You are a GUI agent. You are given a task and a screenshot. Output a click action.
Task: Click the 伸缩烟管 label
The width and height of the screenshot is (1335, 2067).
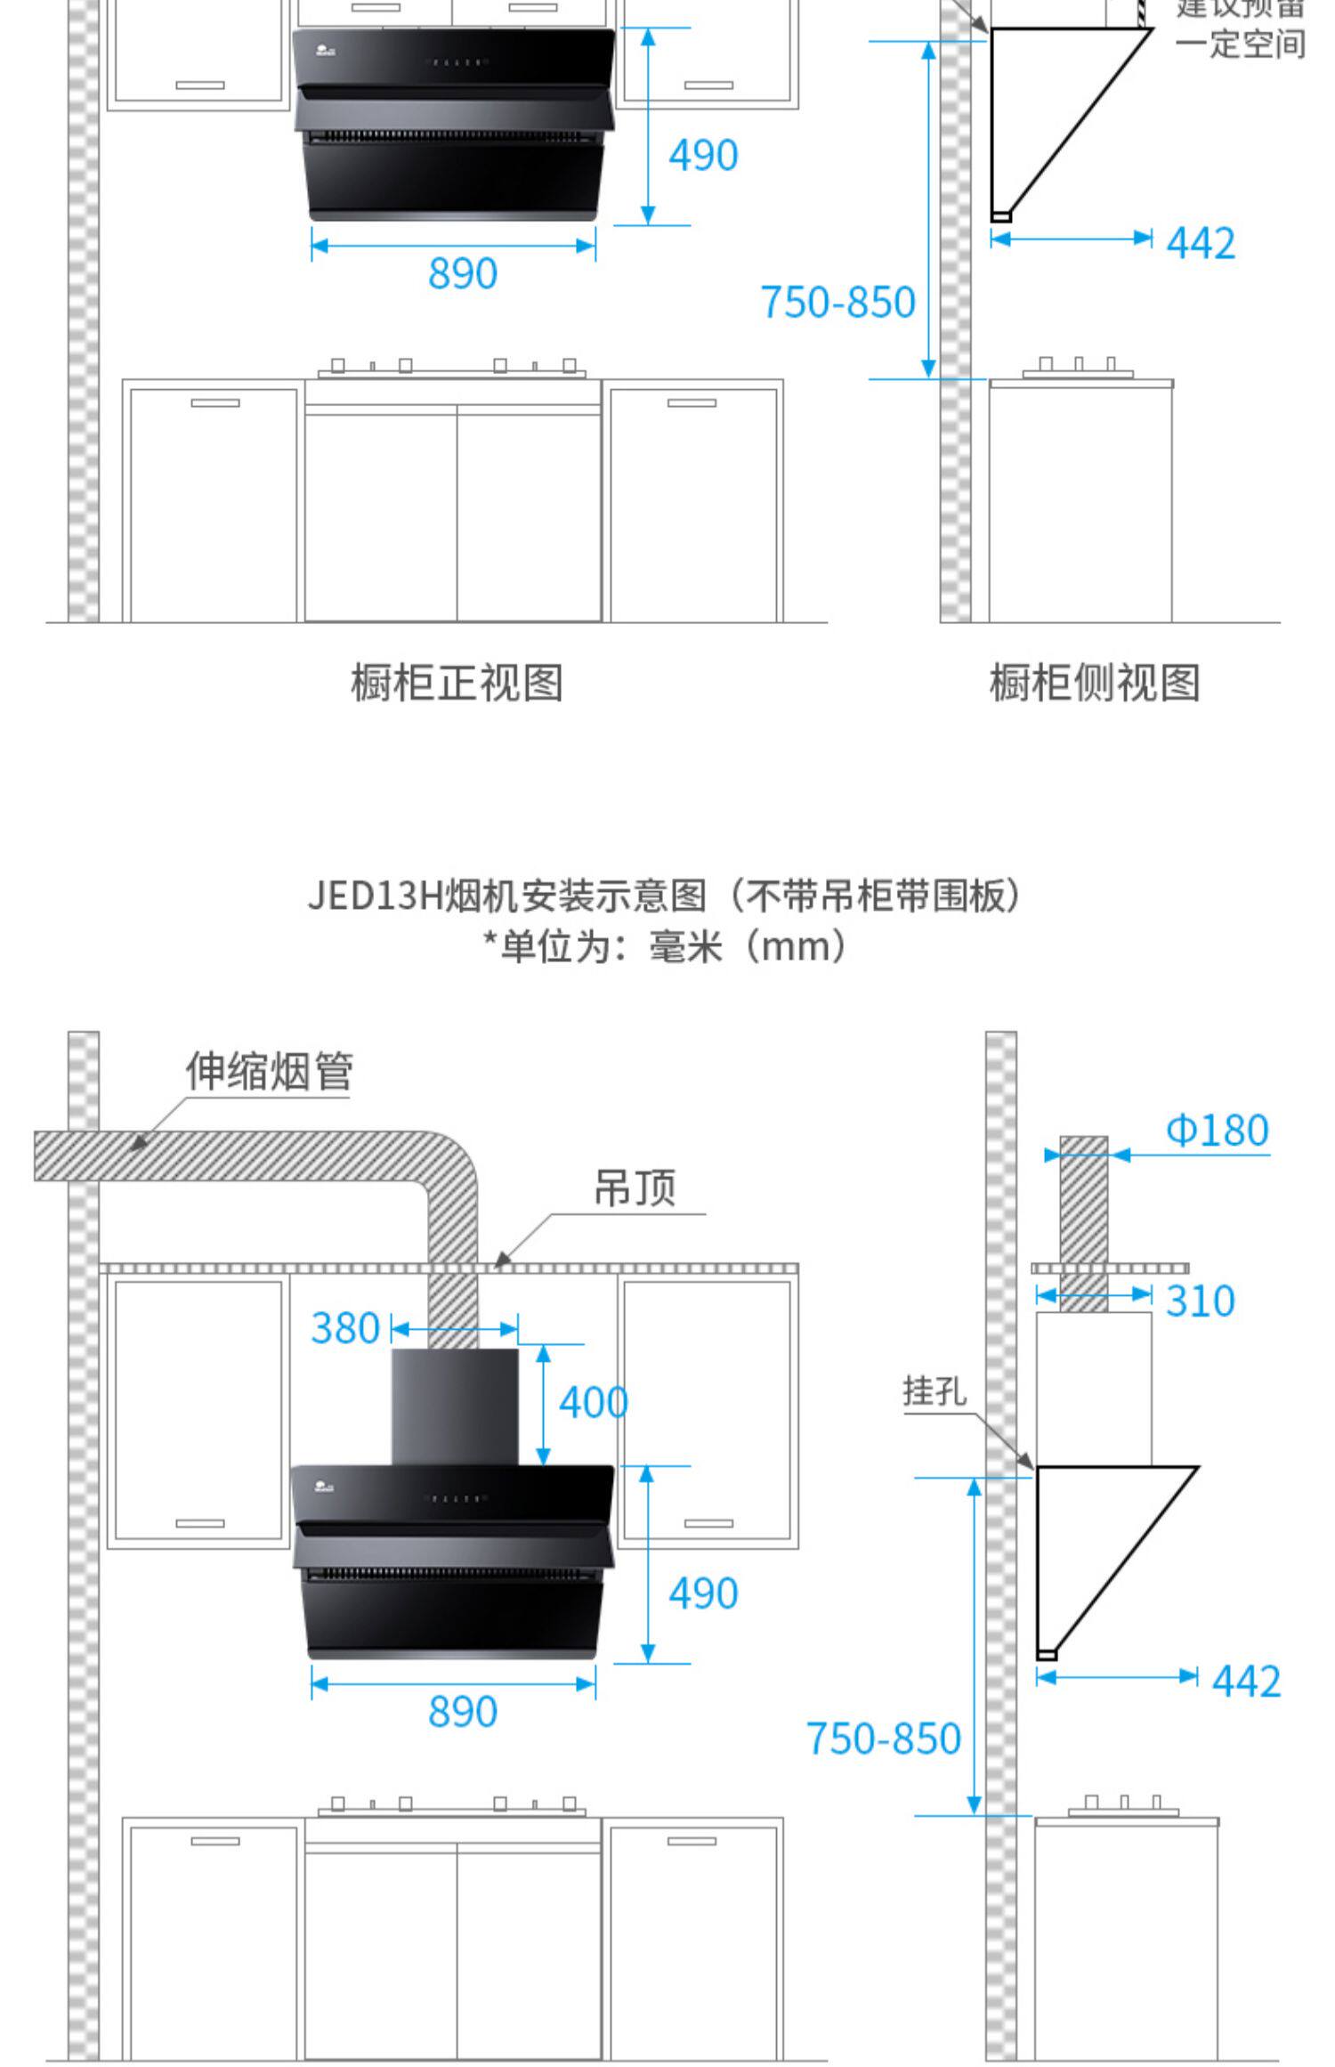tap(269, 1071)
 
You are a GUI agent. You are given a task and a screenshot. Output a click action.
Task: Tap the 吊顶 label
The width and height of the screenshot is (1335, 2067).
tap(635, 1188)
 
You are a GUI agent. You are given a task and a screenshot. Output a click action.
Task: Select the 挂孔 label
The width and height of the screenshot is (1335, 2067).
tap(934, 1390)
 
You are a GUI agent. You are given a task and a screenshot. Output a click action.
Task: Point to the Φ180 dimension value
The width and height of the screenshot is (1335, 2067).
tap(1217, 1131)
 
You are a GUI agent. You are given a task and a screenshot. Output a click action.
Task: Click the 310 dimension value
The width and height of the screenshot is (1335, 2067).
tap(1200, 1301)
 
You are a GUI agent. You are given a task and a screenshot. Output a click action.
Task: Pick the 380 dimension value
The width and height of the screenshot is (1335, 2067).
tap(345, 1329)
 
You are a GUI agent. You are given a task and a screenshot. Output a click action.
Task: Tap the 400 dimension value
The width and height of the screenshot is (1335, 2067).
tap(593, 1404)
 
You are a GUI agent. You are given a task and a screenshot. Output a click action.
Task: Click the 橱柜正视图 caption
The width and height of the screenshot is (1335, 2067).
tap(457, 684)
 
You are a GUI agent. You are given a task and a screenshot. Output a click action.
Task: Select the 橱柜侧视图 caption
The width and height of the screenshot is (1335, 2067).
tap(1095, 684)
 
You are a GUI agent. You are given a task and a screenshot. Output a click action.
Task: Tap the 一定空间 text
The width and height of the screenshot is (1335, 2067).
tap(1240, 44)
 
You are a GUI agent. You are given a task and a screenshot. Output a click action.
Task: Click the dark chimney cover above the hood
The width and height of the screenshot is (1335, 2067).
tap(455, 1406)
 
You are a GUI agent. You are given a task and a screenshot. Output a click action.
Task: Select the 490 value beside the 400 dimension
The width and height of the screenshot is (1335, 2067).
tap(703, 1593)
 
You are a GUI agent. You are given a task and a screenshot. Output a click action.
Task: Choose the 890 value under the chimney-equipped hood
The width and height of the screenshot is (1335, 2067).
tap(462, 1711)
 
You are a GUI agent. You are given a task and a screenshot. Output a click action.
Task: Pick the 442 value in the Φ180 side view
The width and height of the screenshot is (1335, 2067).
tap(1246, 1682)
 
